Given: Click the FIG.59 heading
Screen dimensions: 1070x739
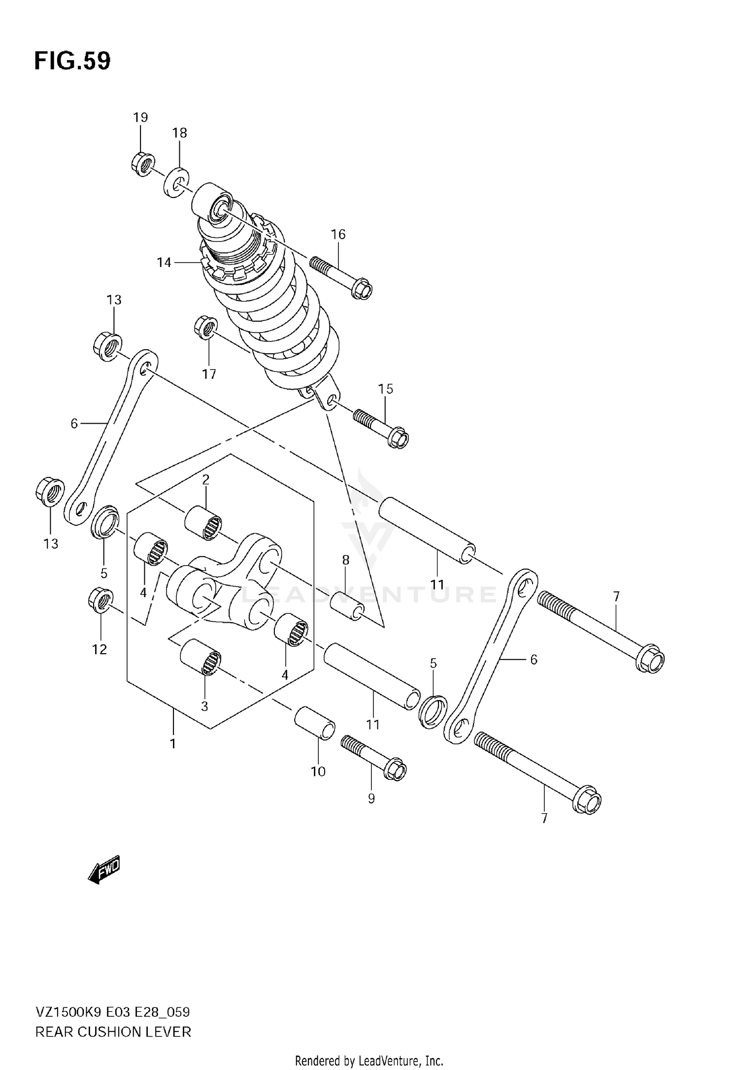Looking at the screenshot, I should pos(72,62).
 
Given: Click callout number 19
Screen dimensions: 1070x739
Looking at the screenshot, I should pos(140,117).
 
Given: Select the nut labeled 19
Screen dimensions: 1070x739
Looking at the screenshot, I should pos(143,165).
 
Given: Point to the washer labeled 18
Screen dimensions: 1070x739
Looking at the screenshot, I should pos(176,183).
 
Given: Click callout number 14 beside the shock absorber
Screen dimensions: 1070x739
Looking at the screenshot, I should pos(164,263).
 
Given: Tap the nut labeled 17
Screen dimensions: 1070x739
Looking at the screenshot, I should pos(206,328).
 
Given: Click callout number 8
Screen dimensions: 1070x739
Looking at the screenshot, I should pos(345,560).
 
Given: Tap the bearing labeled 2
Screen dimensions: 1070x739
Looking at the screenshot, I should pos(203,522).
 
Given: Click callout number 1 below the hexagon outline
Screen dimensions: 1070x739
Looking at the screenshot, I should pos(173,743).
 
